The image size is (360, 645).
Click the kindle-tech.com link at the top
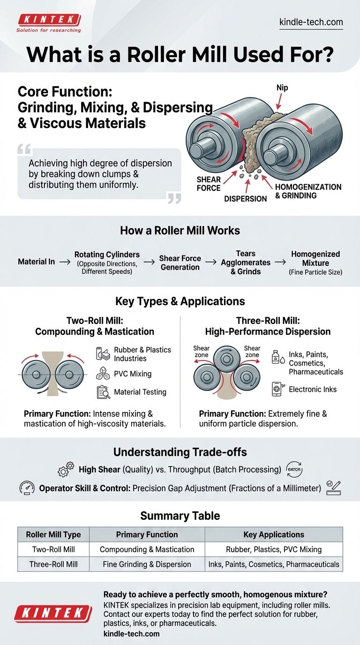click(311, 22)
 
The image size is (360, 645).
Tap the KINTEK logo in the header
click(49, 20)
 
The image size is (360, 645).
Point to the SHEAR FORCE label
click(209, 184)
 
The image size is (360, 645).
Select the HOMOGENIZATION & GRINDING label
click(308, 191)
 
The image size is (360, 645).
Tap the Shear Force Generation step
click(180, 262)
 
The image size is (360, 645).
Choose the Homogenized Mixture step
click(315, 262)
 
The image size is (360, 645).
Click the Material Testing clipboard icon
click(103, 392)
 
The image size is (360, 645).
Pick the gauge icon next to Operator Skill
click(27, 488)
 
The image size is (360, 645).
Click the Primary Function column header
click(147, 534)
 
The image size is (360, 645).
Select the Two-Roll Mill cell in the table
click(53, 549)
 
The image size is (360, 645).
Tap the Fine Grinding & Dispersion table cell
click(147, 564)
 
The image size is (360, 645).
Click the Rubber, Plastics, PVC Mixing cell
click(274, 549)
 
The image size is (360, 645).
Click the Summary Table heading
click(180, 516)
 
